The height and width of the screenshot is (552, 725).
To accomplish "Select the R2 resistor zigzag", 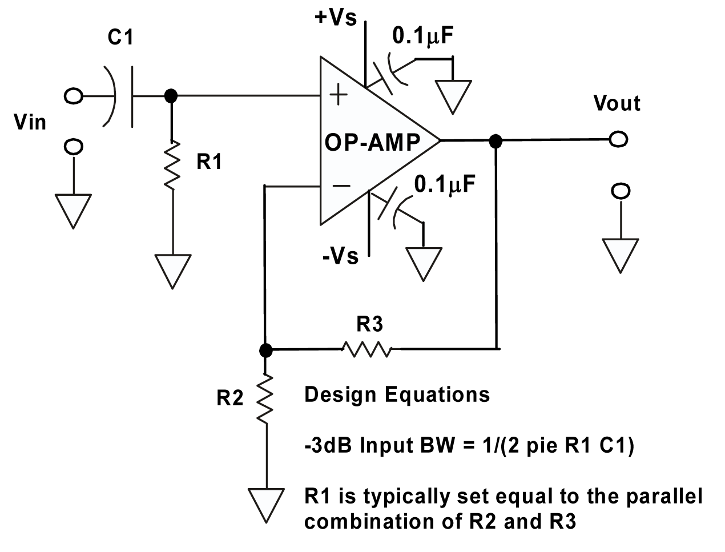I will click(264, 398).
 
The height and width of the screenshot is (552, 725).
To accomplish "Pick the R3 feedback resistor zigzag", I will click(367, 348).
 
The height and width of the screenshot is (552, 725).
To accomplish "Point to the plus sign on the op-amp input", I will click(339, 95).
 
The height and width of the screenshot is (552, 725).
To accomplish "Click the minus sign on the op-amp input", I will click(341, 185).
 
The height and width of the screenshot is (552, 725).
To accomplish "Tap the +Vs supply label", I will click(335, 17).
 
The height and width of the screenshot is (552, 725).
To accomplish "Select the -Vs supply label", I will click(340, 256).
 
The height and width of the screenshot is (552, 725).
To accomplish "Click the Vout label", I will click(617, 103).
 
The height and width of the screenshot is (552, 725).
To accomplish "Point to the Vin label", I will click(30, 122).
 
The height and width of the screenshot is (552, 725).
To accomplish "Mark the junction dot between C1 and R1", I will click(170, 96).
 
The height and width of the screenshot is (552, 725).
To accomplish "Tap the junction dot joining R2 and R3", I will click(265, 349).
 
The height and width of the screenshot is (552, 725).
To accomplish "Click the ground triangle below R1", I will click(172, 269).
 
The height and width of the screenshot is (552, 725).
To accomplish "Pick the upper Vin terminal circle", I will click(73, 96).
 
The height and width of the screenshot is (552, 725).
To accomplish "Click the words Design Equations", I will click(397, 394).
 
